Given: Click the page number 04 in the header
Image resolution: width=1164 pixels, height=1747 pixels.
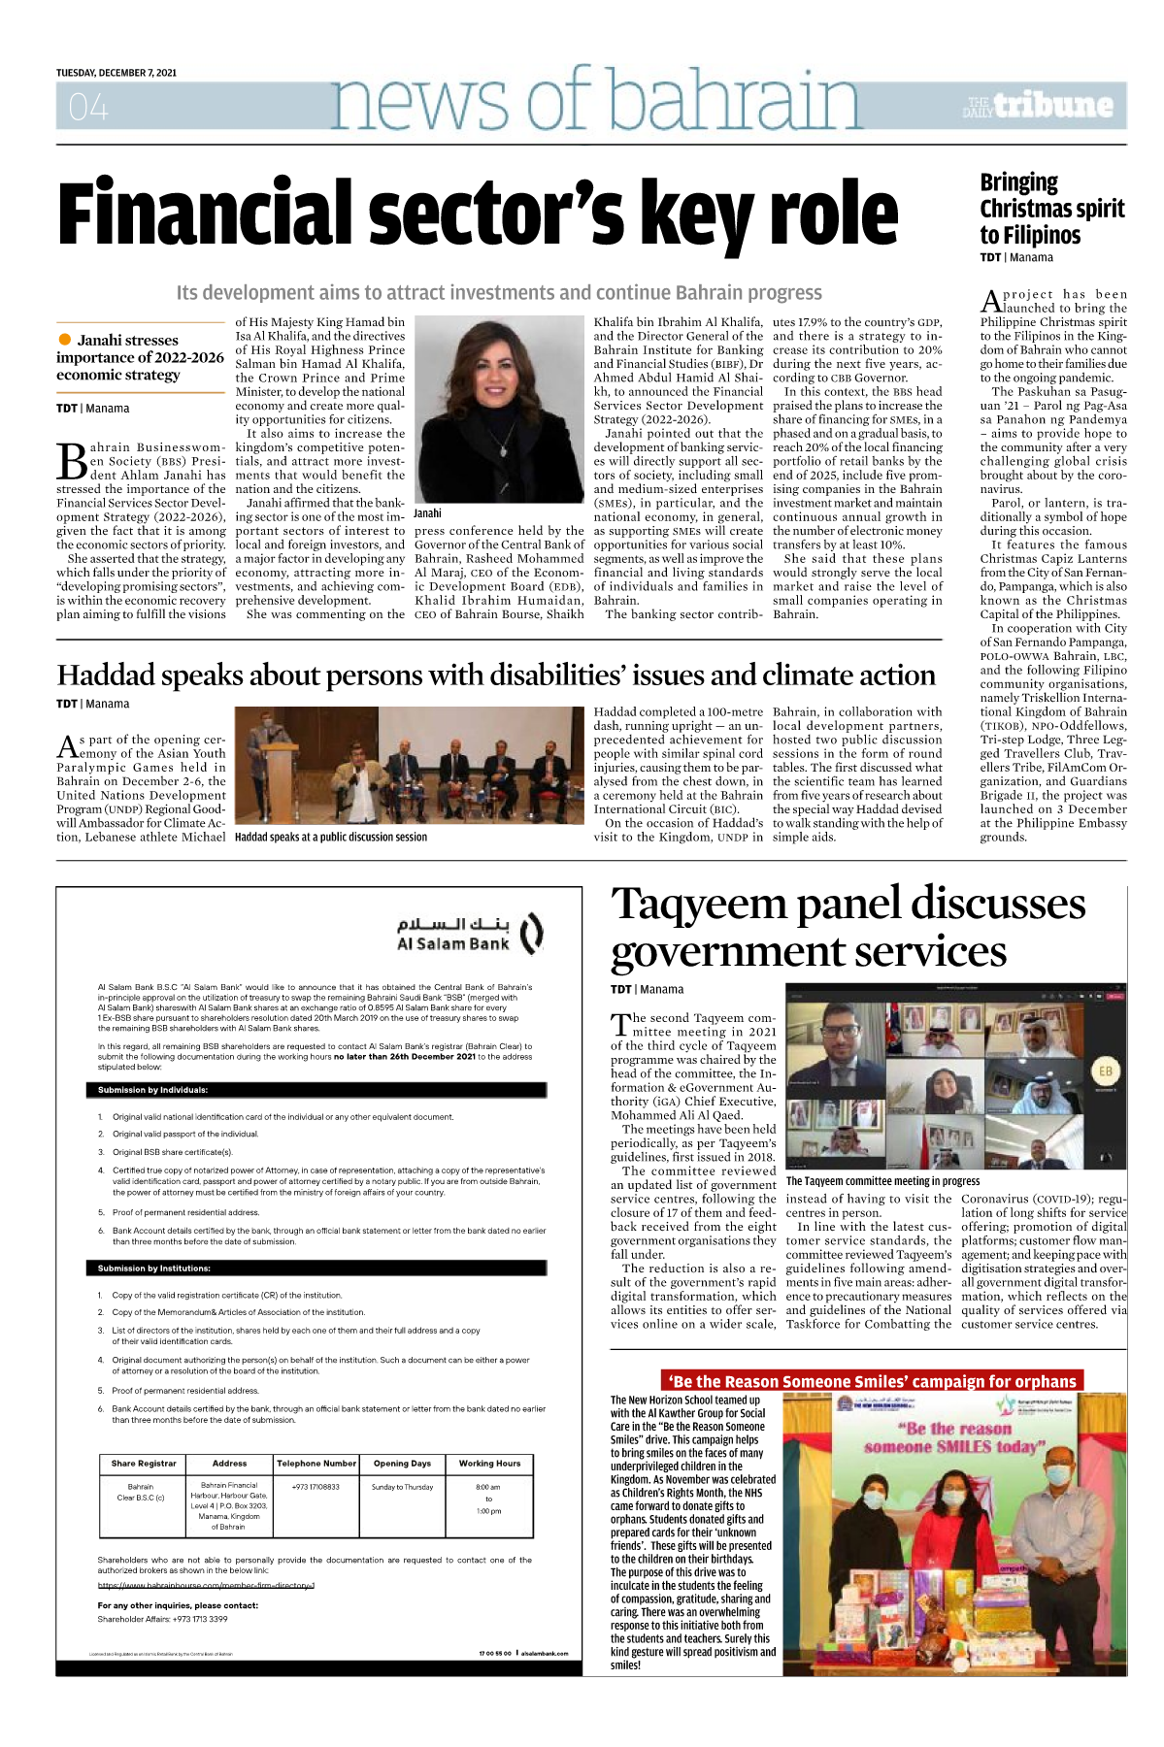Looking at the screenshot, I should pos(87,107).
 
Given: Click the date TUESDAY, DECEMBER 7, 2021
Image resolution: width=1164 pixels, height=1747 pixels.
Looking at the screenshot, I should pos(116,73).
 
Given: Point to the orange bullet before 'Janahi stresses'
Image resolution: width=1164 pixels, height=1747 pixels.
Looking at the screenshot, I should pos(65,339).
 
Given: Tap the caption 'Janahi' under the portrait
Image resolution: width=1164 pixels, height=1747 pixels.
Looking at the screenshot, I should pos(427,513).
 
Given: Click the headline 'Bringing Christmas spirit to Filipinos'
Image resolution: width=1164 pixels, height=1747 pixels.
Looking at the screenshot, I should pos(1051,209).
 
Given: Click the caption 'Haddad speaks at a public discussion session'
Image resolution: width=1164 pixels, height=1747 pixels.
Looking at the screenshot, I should pos(331,837).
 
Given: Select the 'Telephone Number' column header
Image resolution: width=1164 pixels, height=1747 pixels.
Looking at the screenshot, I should pos(316,1464).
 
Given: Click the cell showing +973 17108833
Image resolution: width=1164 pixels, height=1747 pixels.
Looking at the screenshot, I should pos(316,1487).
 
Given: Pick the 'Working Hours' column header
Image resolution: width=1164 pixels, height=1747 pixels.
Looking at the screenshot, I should pos(489,1464).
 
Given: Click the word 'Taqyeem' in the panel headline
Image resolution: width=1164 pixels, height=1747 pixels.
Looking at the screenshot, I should pos(699,905).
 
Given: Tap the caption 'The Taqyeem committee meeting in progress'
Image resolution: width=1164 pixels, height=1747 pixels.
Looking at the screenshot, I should pos(882,1181).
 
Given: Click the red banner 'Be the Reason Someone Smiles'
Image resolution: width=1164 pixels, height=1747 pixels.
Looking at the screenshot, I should pos(872,1381).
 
